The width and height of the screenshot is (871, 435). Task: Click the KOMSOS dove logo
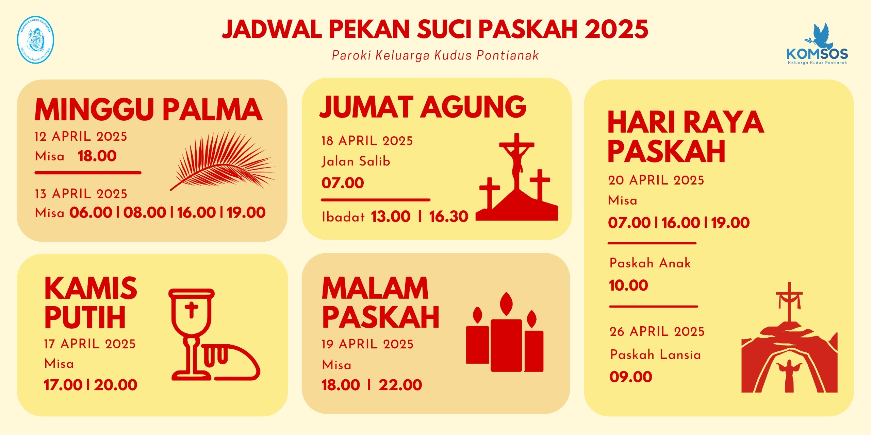click(817, 43)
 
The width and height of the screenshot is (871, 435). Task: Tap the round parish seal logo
click(35, 40)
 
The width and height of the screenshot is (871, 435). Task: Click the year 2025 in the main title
click(616, 29)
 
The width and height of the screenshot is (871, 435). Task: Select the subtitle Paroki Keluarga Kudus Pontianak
click(435, 55)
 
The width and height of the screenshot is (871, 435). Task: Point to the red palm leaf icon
click(223, 160)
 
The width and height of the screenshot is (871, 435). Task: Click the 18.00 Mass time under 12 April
click(97, 156)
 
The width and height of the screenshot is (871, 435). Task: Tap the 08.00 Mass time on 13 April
click(145, 212)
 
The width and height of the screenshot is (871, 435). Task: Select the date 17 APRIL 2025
click(90, 344)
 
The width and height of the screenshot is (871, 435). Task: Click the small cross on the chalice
click(192, 310)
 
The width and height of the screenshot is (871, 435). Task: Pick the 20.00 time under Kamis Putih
click(116, 385)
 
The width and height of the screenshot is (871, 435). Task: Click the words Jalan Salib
click(356, 161)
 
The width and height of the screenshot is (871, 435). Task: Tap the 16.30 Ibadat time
click(449, 216)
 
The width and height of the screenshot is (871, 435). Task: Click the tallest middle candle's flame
click(507, 304)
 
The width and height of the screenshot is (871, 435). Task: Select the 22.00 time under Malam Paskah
click(400, 385)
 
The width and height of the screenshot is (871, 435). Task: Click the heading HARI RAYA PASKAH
click(686, 136)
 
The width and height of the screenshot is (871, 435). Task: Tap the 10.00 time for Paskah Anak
click(628, 285)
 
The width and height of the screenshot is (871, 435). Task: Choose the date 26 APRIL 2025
click(657, 331)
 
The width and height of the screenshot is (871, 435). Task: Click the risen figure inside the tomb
click(789, 376)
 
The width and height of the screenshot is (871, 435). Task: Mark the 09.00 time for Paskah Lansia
click(631, 377)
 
